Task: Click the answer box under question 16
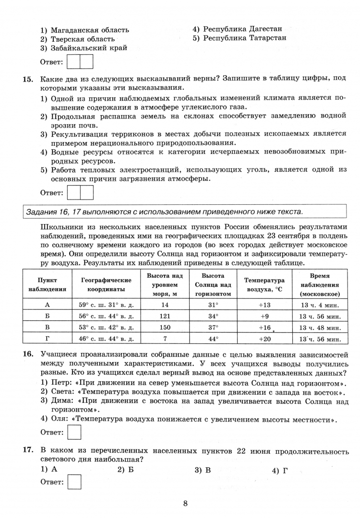click(75, 432)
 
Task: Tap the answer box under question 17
click(75, 482)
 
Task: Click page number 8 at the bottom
click(185, 503)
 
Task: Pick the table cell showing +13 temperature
click(264, 305)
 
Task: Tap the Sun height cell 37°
click(213, 328)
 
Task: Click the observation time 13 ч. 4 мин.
click(319, 305)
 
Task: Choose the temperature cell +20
click(264, 339)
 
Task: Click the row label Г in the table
click(47, 339)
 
